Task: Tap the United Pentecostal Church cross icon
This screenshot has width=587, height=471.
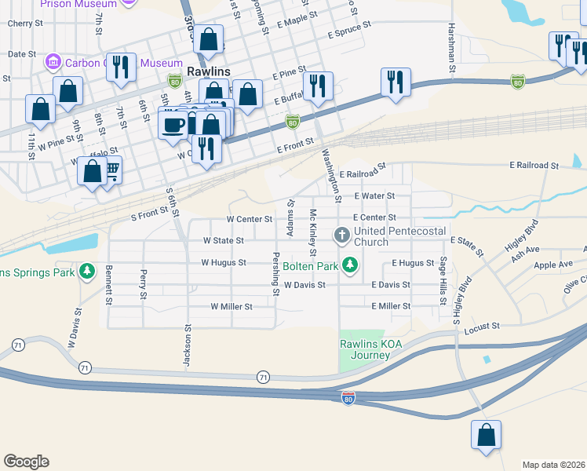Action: (x=342, y=235)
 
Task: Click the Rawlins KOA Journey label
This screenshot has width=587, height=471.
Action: (x=365, y=349)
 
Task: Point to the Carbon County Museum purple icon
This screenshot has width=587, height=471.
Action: (x=54, y=61)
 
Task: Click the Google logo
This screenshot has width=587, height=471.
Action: (x=26, y=462)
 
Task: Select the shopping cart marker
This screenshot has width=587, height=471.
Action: (x=111, y=170)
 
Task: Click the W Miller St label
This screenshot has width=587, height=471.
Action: (x=231, y=306)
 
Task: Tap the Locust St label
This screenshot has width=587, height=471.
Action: (x=483, y=325)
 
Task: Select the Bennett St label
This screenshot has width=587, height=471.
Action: (x=109, y=285)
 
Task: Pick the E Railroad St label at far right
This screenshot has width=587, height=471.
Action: (x=533, y=166)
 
